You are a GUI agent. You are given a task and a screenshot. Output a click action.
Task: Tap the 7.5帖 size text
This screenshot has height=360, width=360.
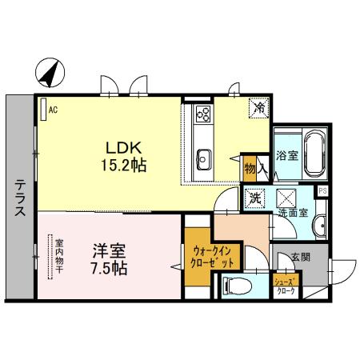click(x=106, y=269)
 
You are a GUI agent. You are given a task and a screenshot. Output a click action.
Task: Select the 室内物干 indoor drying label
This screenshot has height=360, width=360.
click(x=59, y=256)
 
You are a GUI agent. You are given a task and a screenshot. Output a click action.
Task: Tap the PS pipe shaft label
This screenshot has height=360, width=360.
click(x=322, y=191)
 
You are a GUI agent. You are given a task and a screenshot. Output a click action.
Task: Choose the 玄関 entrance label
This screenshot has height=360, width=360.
click(x=299, y=257)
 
